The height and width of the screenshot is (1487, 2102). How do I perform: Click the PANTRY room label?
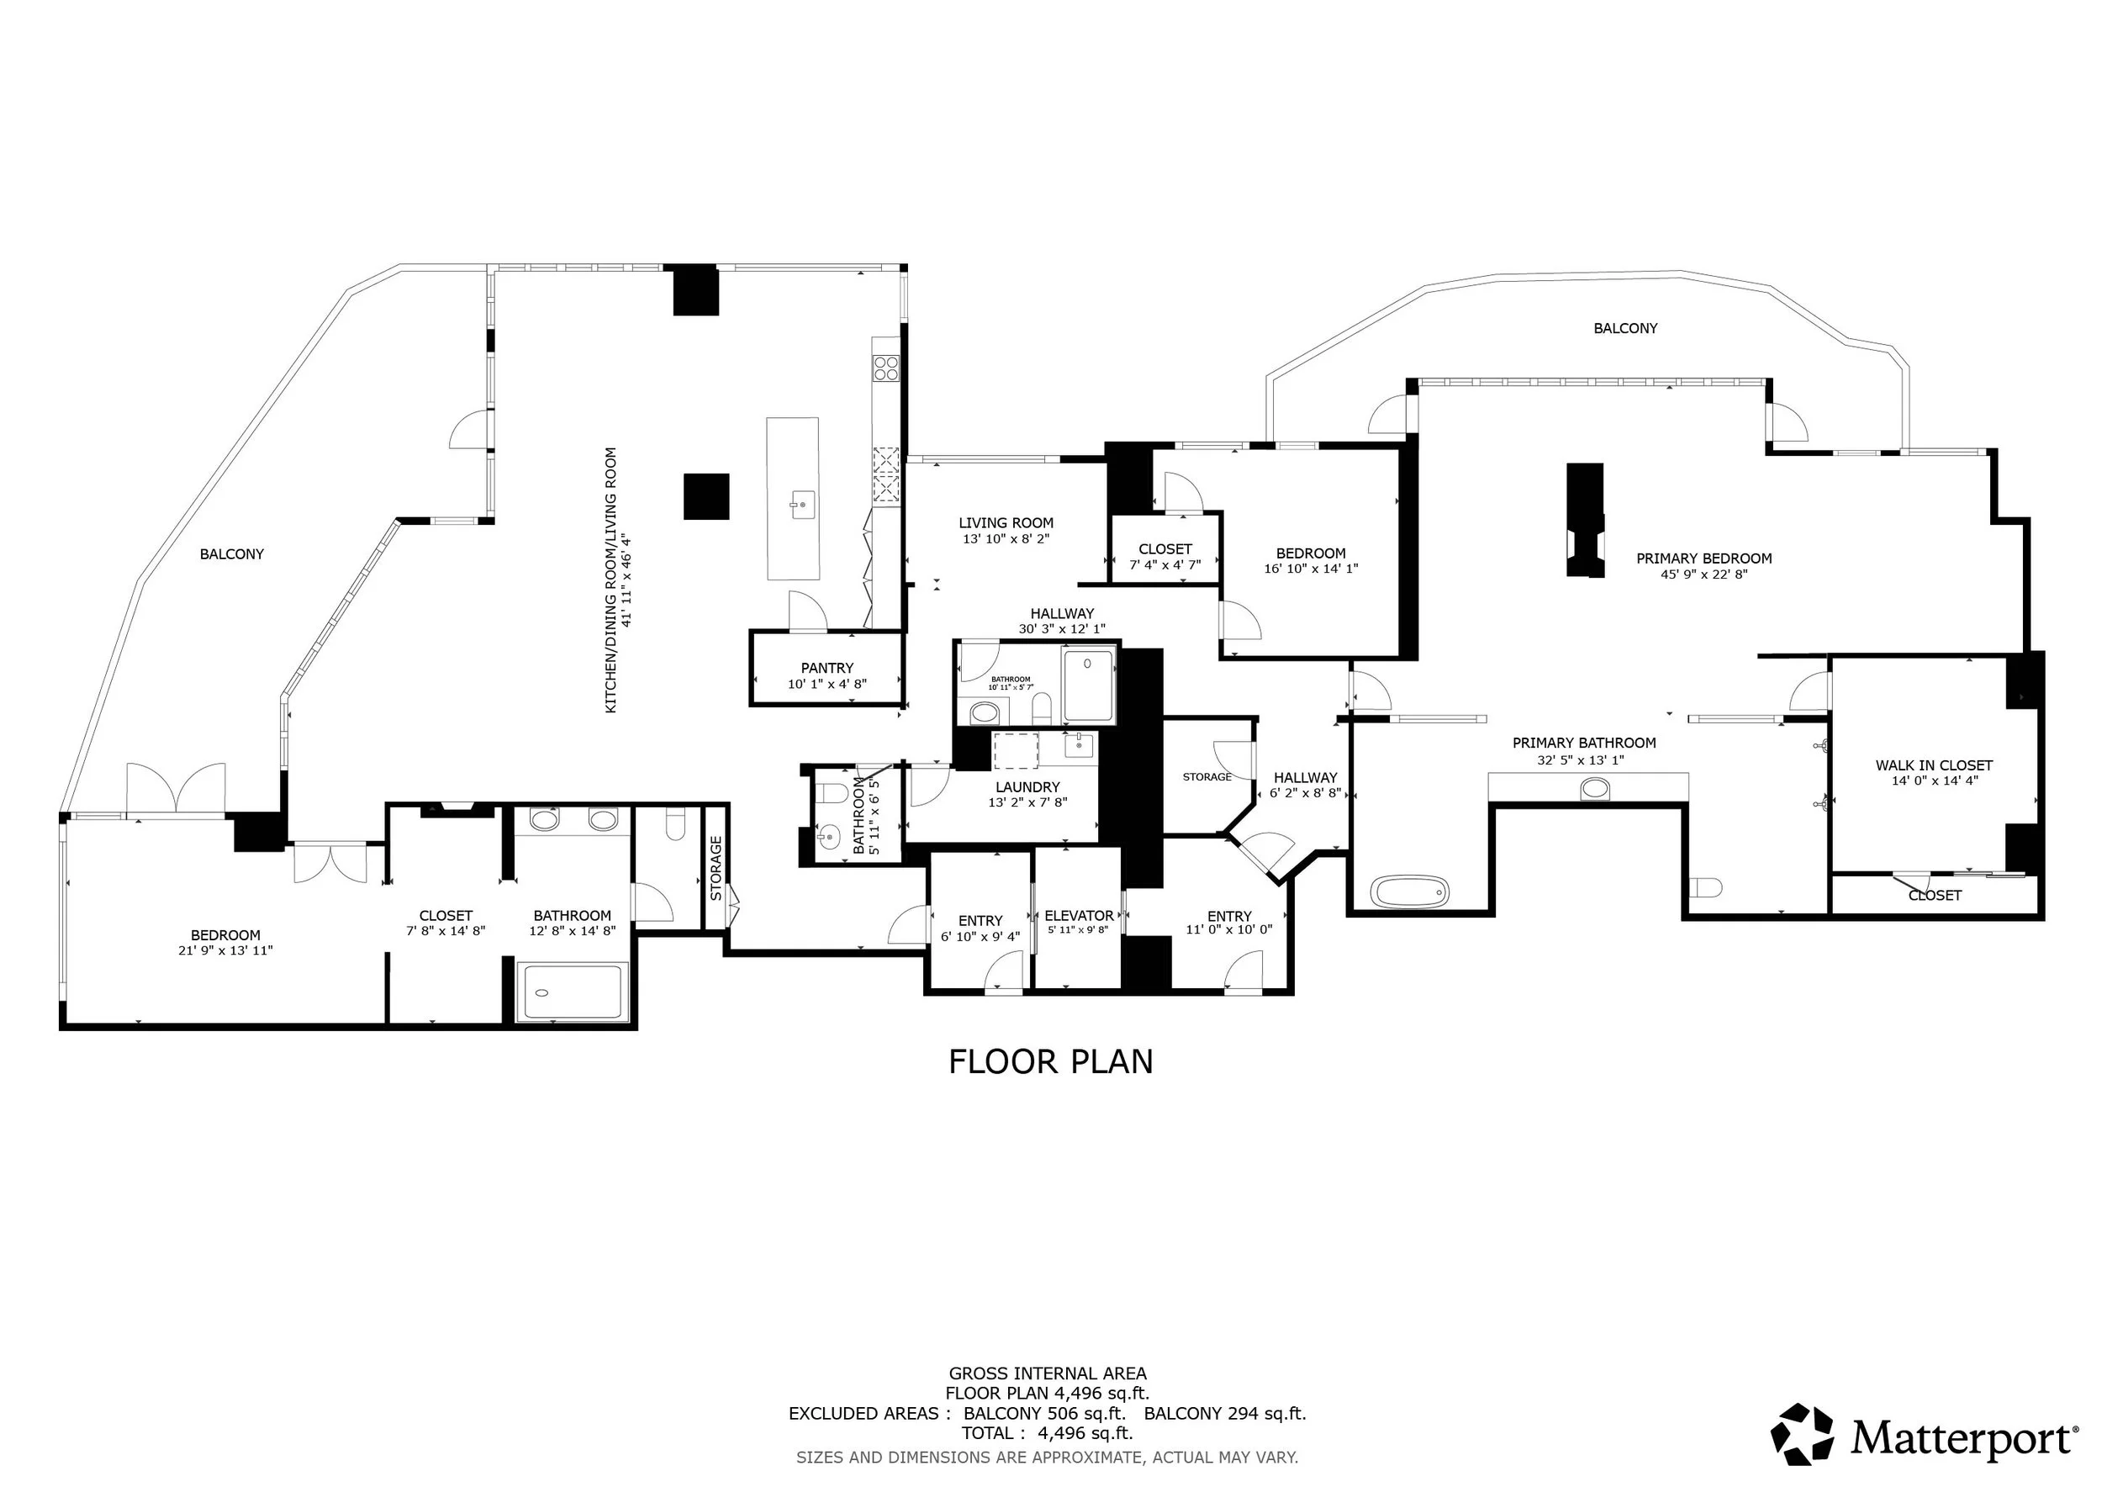click(x=827, y=669)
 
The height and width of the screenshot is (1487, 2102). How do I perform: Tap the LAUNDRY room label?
click(x=1027, y=786)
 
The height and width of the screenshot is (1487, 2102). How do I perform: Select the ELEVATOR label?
click(x=1080, y=916)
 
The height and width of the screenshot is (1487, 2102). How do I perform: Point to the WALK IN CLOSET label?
click(x=1934, y=765)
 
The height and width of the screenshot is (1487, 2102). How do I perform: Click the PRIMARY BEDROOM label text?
click(x=1703, y=558)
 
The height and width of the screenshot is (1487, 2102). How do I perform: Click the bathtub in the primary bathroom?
click(x=1409, y=890)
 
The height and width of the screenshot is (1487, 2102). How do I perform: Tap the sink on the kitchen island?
click(x=802, y=504)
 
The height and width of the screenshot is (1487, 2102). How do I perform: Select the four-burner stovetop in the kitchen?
click(x=885, y=368)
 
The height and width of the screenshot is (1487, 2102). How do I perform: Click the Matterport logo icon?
click(x=1803, y=1434)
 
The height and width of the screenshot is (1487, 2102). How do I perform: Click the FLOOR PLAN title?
click(x=1050, y=1062)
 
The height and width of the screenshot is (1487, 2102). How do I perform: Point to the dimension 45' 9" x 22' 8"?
click(x=1703, y=575)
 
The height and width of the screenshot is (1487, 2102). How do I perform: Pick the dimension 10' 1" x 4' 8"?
click(x=827, y=684)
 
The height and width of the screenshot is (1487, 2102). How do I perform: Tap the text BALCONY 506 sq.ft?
click(x=1044, y=1414)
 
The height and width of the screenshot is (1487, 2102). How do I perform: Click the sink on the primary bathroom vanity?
click(x=1595, y=788)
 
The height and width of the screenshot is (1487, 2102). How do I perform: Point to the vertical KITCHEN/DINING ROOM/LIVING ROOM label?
click(x=611, y=580)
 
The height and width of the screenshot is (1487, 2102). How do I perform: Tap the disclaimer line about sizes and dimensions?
click(x=1048, y=1457)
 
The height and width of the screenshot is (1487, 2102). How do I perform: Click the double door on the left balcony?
click(x=176, y=787)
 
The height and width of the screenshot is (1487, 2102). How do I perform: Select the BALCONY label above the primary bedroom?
click(x=1625, y=328)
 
